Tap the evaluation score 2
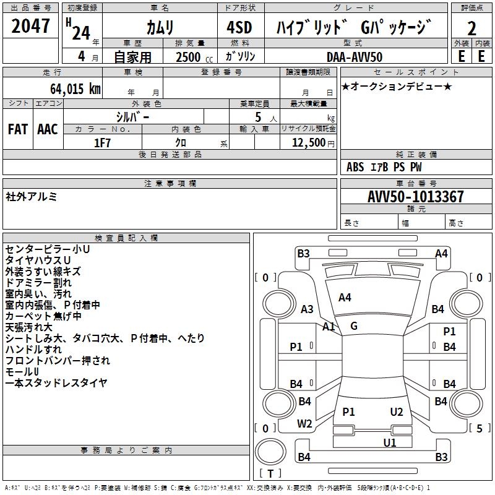[471, 28]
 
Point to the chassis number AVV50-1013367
[416, 197]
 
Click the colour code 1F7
[102, 142]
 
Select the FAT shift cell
[17, 129]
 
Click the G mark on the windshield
[353, 325]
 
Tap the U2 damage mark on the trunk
[397, 411]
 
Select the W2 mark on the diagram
[304, 424]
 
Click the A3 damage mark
[307, 309]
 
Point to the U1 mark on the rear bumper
[389, 442]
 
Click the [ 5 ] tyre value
[479, 428]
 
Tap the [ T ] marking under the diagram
[270, 473]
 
